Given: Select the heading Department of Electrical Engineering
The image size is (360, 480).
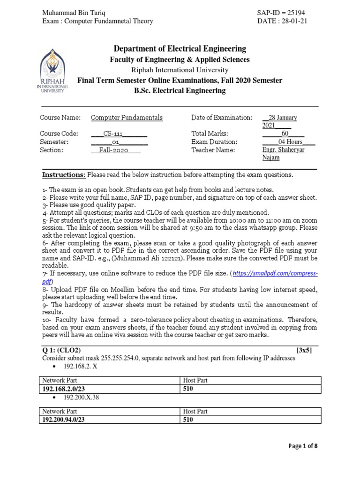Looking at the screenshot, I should pyautogui.click(x=180, y=49).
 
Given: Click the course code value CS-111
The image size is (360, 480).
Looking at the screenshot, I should pyautogui.click(x=119, y=133).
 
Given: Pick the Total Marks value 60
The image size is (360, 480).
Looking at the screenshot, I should pyautogui.click(x=285, y=133).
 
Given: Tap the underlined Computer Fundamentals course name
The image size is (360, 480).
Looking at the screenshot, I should pyautogui.click(x=127, y=118).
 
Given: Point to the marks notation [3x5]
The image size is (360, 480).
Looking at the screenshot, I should pyautogui.click(x=304, y=350).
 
